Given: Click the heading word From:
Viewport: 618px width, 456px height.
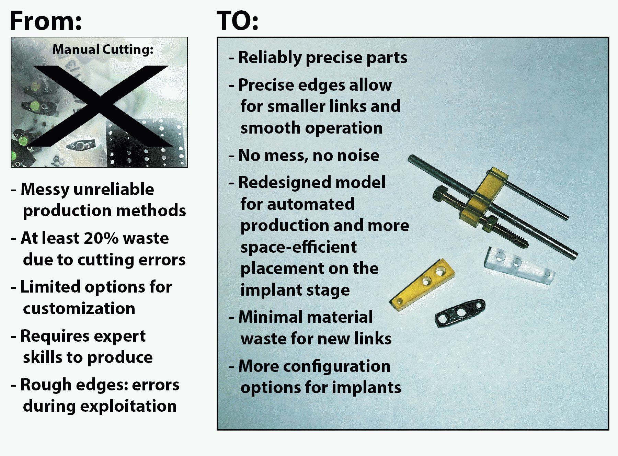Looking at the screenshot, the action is (46, 21).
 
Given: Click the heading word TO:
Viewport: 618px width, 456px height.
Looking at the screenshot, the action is (238, 21).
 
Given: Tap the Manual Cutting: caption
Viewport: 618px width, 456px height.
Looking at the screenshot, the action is (103, 49).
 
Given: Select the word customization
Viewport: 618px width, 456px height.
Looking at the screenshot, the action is (79, 308).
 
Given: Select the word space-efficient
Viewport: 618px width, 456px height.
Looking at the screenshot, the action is (299, 247).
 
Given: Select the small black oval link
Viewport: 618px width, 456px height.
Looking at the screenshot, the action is (460, 313).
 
